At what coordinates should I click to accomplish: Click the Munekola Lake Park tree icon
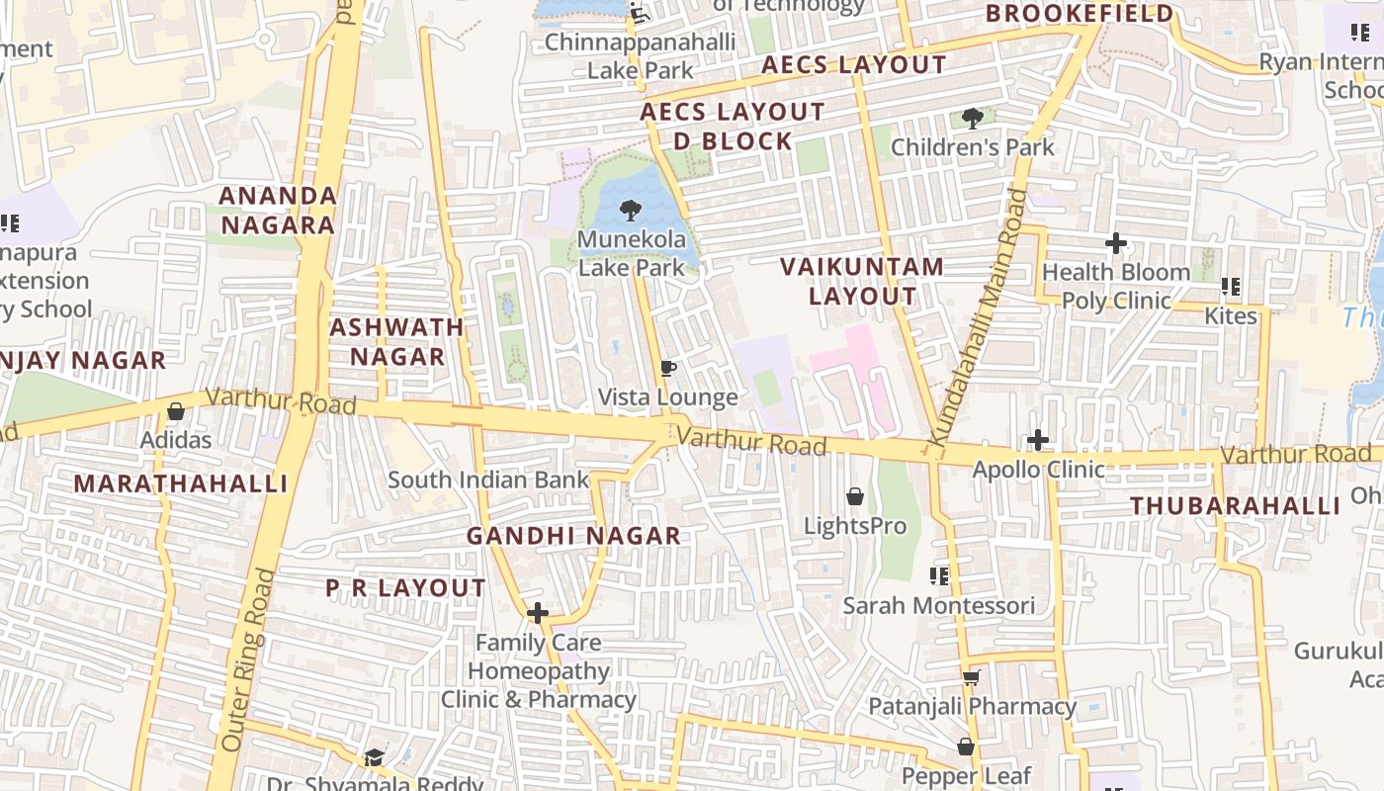coord(629,210)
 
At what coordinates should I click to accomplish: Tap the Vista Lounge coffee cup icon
coord(668,369)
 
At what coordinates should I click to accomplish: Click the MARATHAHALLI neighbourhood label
coord(181,483)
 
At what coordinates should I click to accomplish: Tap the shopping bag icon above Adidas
coord(176,410)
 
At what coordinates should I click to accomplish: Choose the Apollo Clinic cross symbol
coord(1038,440)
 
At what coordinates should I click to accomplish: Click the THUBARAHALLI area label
coord(1235,506)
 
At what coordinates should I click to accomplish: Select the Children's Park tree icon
coord(973,119)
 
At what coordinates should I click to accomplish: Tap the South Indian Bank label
coord(488,480)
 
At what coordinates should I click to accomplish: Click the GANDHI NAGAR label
coord(573,536)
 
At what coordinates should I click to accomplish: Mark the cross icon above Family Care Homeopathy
coord(538,613)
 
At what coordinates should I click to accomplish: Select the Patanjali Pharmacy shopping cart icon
coord(971,677)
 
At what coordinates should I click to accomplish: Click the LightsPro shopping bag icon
coord(855,496)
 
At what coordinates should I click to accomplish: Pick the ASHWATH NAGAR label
coord(396,341)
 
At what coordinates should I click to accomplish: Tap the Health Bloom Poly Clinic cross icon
coord(1116,242)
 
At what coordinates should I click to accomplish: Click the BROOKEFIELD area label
coord(1080,14)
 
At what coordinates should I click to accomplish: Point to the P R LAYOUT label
coord(405,588)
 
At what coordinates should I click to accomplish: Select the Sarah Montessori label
coord(939,605)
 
